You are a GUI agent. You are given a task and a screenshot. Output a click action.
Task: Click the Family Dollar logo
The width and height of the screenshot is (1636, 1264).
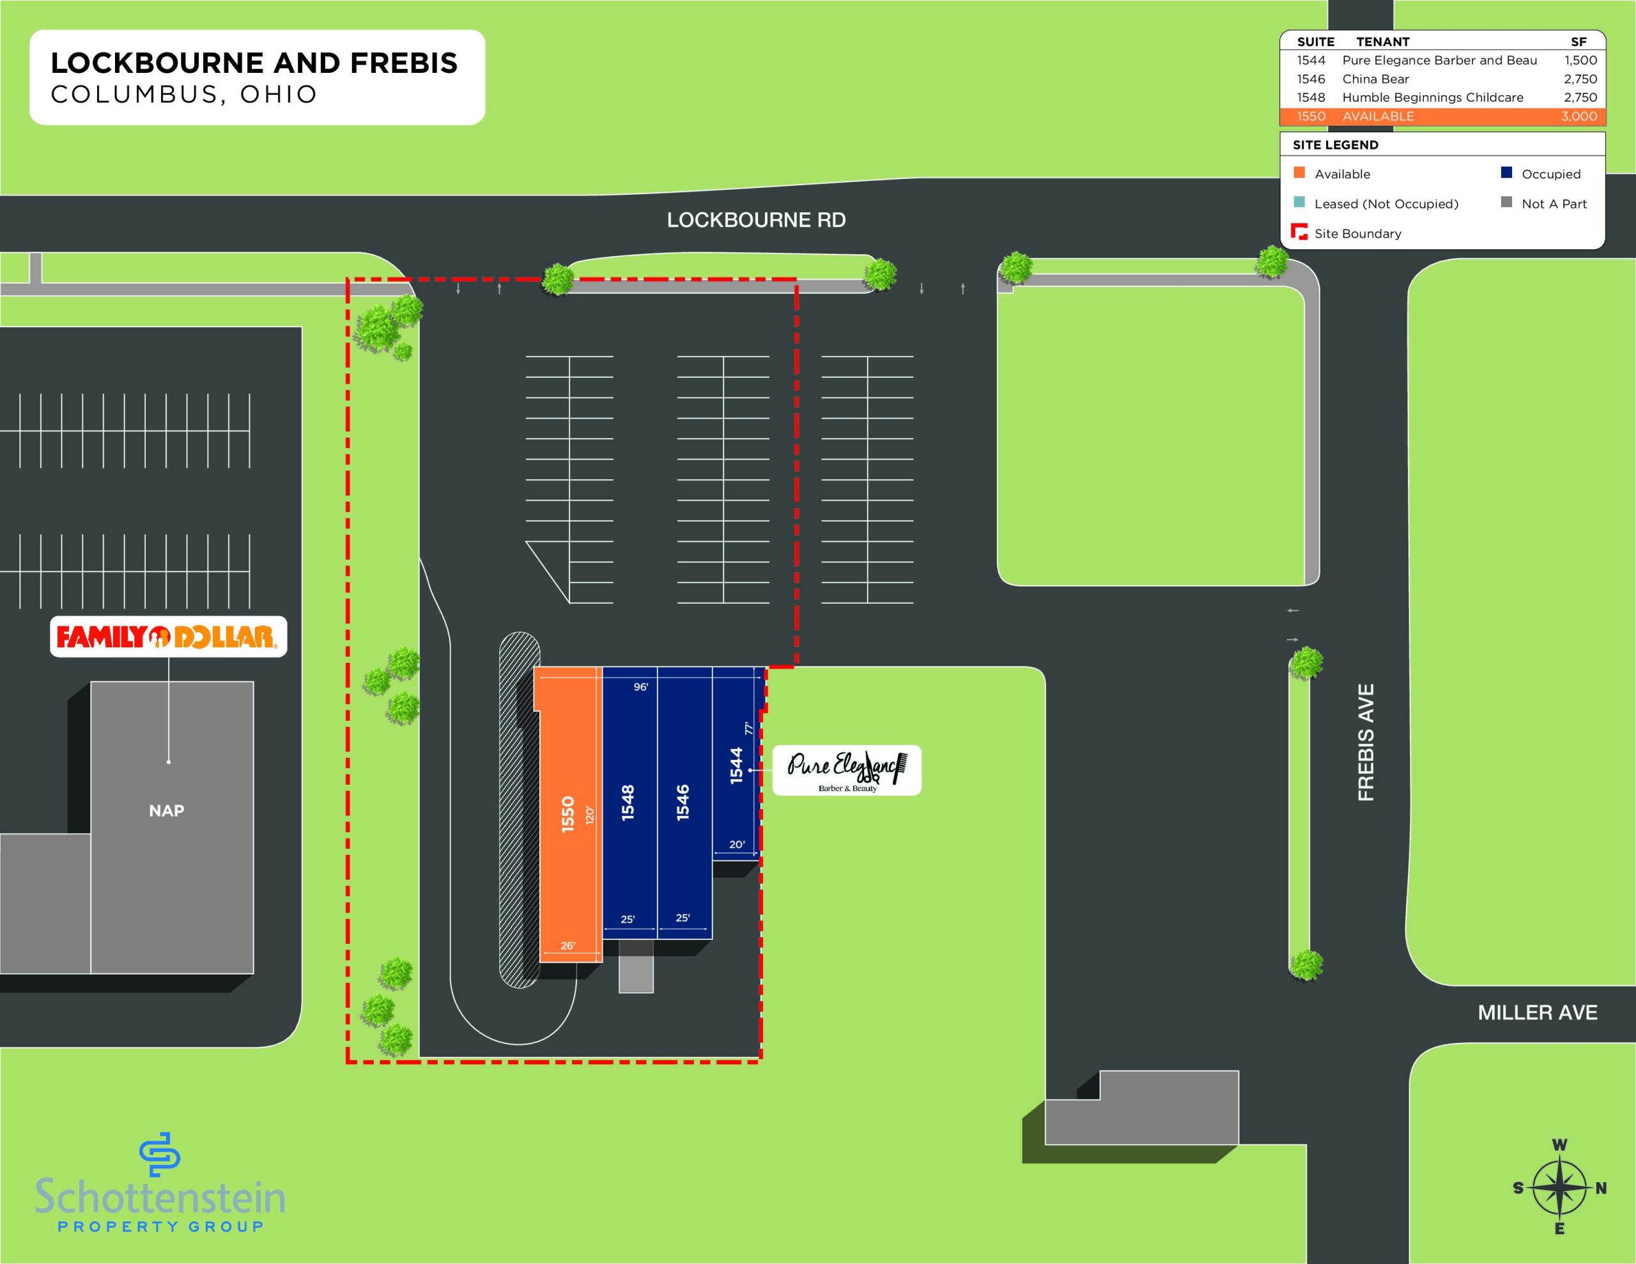tap(168, 637)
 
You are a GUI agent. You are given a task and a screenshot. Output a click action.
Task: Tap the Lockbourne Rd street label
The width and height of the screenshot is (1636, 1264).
tap(757, 220)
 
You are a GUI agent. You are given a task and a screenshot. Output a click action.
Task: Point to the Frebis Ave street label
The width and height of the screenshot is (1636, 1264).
tap(1366, 742)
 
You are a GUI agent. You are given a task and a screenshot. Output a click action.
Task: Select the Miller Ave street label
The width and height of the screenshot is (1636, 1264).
tap(1537, 1013)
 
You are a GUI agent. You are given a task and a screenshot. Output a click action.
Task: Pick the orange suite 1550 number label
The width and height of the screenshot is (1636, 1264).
tap(567, 815)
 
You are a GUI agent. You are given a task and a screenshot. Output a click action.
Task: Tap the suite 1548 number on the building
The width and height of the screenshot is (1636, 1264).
tap(628, 803)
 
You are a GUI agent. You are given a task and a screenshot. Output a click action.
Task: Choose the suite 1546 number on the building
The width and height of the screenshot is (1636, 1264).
tap(683, 803)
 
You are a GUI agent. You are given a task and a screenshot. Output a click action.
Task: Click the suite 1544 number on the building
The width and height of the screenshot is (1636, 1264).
tap(736, 766)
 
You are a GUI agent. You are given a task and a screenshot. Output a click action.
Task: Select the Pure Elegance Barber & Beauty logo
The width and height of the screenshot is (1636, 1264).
tap(847, 769)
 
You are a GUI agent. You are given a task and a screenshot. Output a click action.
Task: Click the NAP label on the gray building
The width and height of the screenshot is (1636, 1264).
tap(166, 811)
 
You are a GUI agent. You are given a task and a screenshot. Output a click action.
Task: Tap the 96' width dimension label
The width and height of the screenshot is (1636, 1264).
tap(640, 686)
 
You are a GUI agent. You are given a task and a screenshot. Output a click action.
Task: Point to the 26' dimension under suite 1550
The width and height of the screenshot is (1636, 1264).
tap(567, 946)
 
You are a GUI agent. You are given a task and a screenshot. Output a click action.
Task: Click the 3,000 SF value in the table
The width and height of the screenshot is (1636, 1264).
tap(1579, 116)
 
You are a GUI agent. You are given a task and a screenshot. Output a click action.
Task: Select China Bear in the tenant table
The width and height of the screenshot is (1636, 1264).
tap(1375, 79)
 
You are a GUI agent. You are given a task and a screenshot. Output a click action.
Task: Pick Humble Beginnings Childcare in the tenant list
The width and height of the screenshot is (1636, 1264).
tap(1432, 97)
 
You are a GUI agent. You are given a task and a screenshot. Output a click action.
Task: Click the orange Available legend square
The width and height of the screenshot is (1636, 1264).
tap(1299, 173)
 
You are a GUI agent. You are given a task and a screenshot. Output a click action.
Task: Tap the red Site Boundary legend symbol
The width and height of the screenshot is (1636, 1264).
tap(1299, 231)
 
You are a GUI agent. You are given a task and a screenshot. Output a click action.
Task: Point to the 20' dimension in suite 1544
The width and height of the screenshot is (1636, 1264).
tap(736, 844)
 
